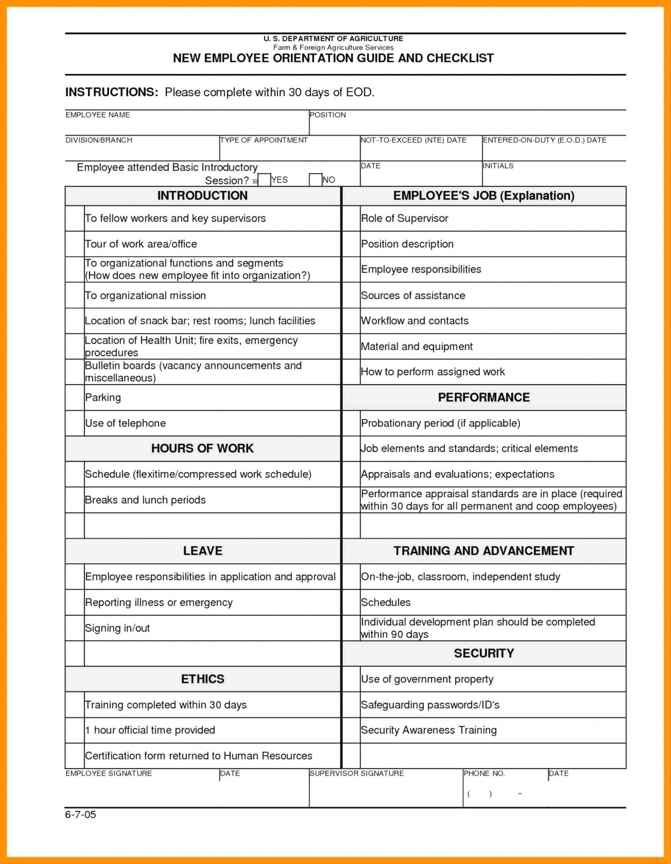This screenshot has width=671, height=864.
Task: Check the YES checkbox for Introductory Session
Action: pos(264,180)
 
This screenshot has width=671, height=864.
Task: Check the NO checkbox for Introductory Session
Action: pos(315,180)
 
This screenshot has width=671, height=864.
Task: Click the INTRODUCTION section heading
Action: pos(202,195)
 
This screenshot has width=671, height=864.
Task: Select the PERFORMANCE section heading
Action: pos(483,397)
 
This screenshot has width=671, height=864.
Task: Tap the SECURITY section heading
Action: pos(483,653)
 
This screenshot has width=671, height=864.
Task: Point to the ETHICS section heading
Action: pos(202,679)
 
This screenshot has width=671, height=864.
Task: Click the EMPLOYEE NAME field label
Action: pos(98,115)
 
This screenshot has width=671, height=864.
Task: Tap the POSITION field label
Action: pos(327,115)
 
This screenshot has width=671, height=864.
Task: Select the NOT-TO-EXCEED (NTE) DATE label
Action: pos(413,140)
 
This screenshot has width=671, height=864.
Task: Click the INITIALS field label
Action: pos(498,166)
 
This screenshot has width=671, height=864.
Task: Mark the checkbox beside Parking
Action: pos(75,397)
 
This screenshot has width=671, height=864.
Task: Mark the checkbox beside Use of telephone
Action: pos(75,423)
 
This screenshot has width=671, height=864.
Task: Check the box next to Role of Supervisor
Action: pos(351,218)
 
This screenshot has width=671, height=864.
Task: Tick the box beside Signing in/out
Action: pos(75,628)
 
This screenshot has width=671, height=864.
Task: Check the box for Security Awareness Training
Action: pos(351,730)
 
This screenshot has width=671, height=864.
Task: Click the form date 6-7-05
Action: pos(81,815)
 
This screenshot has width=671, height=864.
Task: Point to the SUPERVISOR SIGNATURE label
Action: pos(357,773)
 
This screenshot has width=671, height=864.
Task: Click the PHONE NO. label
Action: pos(484,773)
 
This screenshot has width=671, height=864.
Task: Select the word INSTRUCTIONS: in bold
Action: pos(112,92)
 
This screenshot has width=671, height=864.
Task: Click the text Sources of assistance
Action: pos(413,296)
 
